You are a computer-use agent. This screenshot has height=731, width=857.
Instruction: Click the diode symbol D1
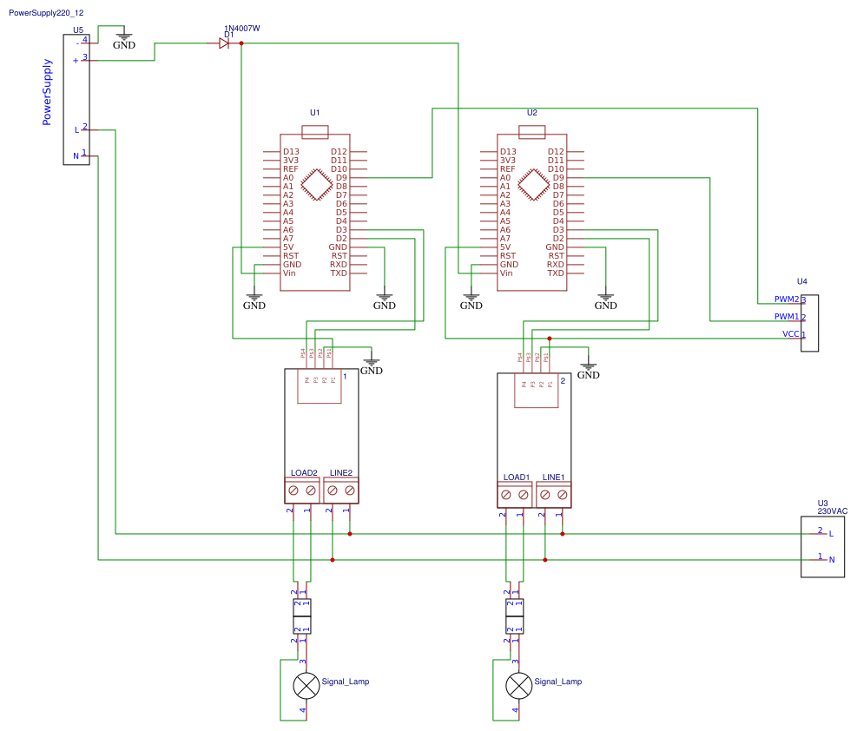point(224,43)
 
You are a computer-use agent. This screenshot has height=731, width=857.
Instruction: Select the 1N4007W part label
point(242,29)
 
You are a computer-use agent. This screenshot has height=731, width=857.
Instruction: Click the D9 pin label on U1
point(339,178)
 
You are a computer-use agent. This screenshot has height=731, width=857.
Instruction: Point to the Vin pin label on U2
point(507,273)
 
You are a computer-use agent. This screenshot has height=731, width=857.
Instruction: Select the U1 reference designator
point(315,113)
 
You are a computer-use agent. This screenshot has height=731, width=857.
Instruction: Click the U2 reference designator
point(532,113)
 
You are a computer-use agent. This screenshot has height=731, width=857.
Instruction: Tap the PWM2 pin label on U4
point(786,300)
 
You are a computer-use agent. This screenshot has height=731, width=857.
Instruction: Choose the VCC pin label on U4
point(790,334)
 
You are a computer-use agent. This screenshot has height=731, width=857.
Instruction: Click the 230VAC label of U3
point(832,511)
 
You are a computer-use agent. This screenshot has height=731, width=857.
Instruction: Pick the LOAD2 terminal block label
point(304,473)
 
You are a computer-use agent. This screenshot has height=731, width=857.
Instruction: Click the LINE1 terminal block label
point(553,477)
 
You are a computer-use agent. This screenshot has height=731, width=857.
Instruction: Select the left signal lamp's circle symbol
point(306,686)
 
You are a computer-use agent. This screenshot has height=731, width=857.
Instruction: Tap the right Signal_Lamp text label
point(557,682)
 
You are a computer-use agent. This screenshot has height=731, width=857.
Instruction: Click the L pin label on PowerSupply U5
point(76,130)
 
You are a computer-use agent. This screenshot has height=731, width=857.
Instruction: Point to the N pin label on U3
point(832,560)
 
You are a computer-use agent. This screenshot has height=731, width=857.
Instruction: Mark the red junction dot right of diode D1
point(241,43)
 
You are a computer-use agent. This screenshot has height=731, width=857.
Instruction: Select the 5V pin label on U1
point(288,247)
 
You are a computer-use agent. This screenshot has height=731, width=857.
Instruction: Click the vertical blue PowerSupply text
point(48,92)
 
